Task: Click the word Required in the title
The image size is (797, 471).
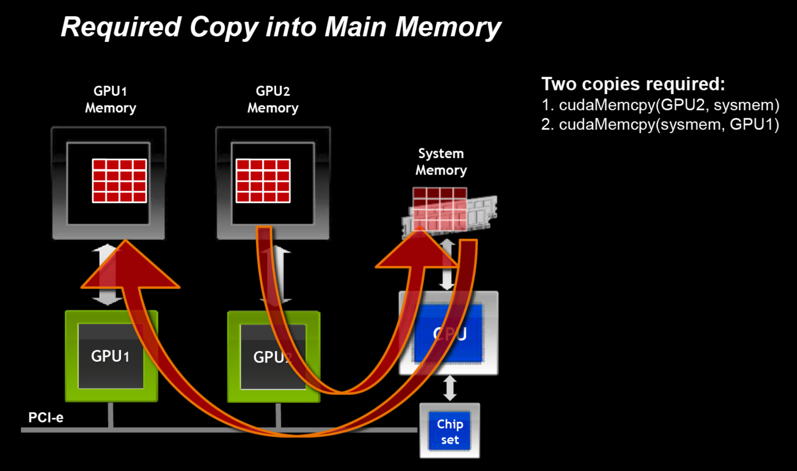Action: pyautogui.click(x=121, y=27)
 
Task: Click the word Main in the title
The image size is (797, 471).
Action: pyautogui.click(x=355, y=27)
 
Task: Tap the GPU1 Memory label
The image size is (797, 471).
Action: pyautogui.click(x=110, y=99)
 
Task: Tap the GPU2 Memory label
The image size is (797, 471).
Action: pyautogui.click(x=273, y=99)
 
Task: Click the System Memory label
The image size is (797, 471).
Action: pyautogui.click(x=441, y=162)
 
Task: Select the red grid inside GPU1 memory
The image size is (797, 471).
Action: pyautogui.click(x=119, y=181)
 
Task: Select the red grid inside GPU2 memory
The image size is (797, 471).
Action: pyautogui.click(x=263, y=181)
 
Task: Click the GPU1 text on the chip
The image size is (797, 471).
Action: pyautogui.click(x=110, y=356)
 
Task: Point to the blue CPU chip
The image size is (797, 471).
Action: pyautogui.click(x=449, y=334)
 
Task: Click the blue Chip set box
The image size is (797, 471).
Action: pyautogui.click(x=450, y=431)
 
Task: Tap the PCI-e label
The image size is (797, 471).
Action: pyautogui.click(x=46, y=417)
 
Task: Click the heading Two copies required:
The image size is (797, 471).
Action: pyautogui.click(x=633, y=84)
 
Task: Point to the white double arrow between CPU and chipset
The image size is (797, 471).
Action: pyautogui.click(x=450, y=388)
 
